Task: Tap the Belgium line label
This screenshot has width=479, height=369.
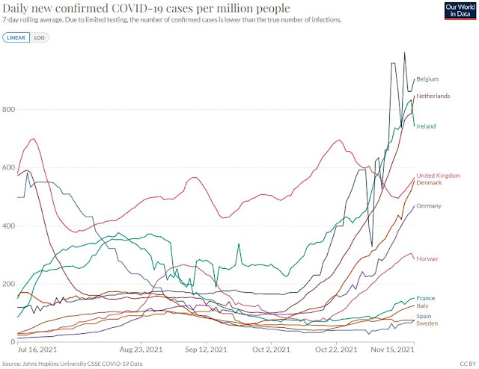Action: pyautogui.click(x=427, y=78)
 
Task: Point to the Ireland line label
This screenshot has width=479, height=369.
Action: pyautogui.click(x=425, y=126)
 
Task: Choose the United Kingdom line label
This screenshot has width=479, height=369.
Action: pyautogui.click(x=438, y=175)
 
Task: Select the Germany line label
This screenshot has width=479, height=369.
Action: pyautogui.click(x=430, y=205)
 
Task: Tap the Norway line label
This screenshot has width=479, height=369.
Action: pyautogui.click(x=427, y=258)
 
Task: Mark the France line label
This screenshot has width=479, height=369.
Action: pyautogui.click(x=425, y=298)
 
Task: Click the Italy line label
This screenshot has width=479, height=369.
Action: pyautogui.click(x=423, y=306)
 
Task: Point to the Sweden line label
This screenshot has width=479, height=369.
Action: pyautogui.click(x=427, y=323)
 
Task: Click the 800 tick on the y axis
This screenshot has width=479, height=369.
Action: pyautogui.click(x=8, y=110)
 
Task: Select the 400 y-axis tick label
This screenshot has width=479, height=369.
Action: pyautogui.click(x=8, y=226)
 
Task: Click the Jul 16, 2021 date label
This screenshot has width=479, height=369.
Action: pyautogui.click(x=37, y=350)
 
